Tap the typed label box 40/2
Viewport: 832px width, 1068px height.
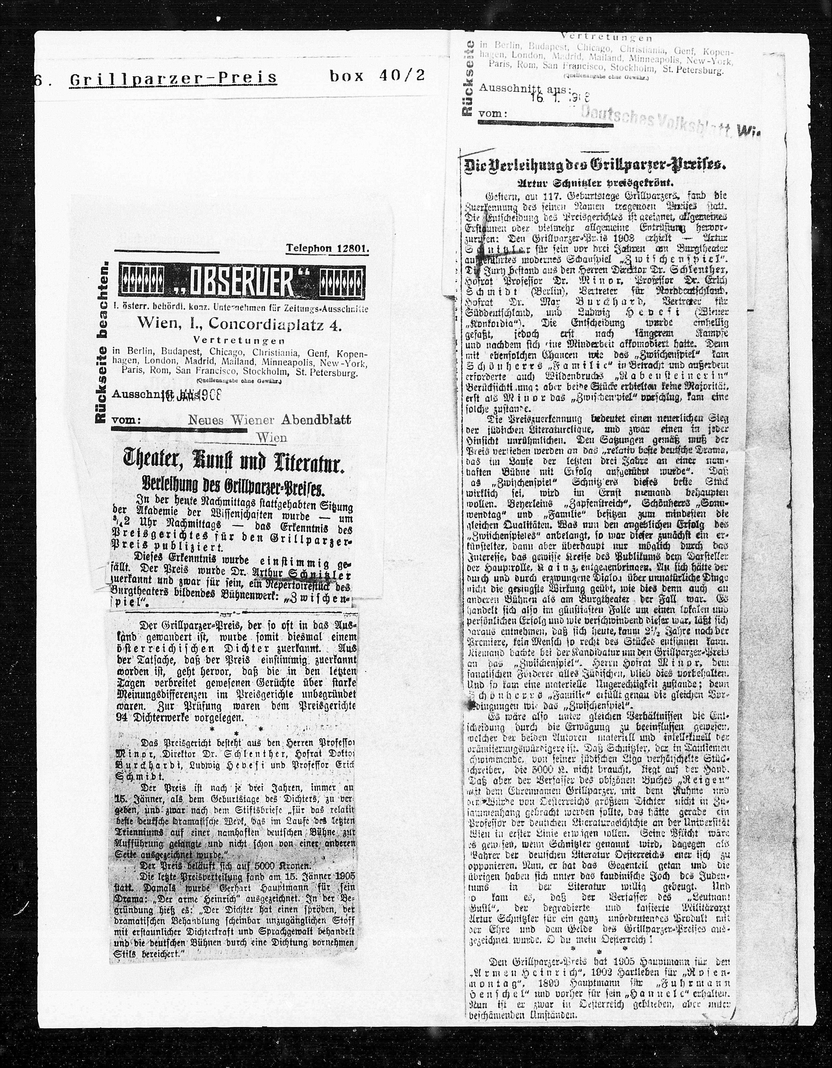tap(377, 76)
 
